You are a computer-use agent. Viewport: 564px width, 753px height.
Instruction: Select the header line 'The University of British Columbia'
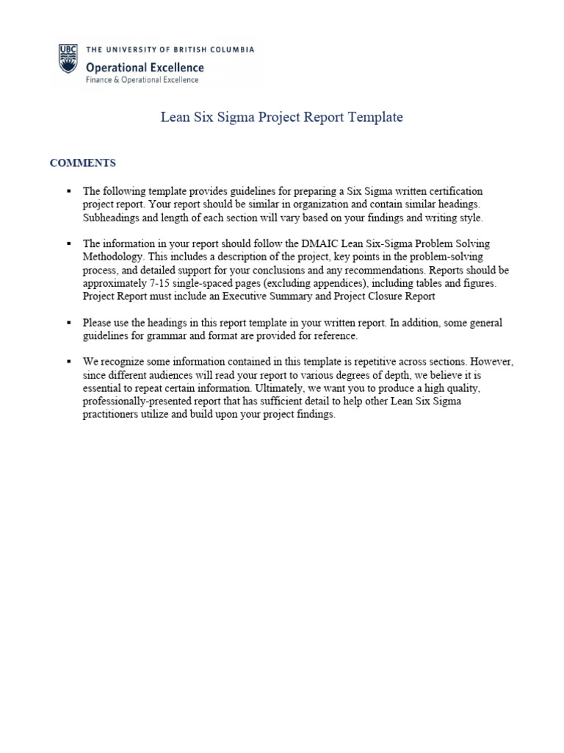[170, 50]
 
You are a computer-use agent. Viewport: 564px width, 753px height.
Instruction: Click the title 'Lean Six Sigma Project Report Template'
[282, 118]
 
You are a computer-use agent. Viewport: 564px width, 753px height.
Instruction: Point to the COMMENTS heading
[82, 163]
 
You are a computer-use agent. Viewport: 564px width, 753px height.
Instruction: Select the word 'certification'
[455, 190]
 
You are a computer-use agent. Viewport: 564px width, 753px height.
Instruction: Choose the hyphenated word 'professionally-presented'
[140, 402]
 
